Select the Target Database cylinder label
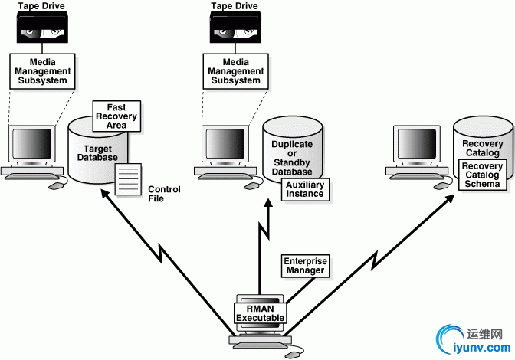pyautogui.click(x=97, y=152)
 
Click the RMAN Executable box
pyautogui.click(x=261, y=313)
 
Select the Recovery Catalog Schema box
pyautogui.click(x=481, y=175)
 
